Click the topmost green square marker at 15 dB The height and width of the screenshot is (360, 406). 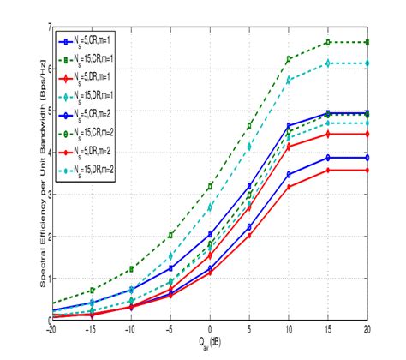[x=328, y=42]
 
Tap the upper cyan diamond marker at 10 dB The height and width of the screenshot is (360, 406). [x=289, y=80]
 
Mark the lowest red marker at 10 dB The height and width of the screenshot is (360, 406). [x=289, y=187]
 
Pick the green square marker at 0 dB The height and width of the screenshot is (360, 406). [x=210, y=186]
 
